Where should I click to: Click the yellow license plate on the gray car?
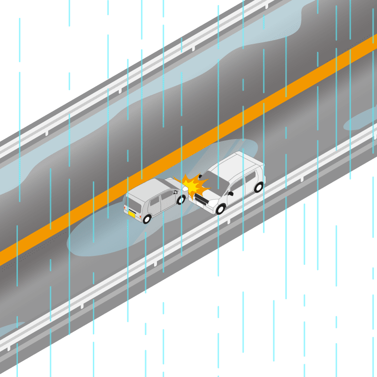click(132, 213)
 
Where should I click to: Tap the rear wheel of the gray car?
click(147, 219)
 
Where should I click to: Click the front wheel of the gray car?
click(181, 199)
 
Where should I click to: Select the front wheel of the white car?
click(220, 209)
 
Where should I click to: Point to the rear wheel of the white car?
click(258, 187)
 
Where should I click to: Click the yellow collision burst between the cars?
click(194, 186)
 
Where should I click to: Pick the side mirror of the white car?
click(231, 193)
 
